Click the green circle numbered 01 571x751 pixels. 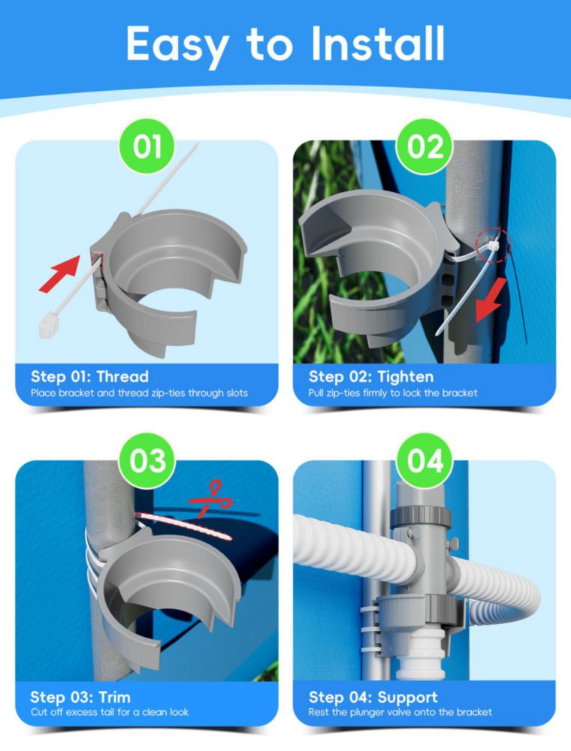(147, 146)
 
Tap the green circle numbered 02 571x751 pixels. (425, 146)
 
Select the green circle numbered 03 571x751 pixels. (147, 461)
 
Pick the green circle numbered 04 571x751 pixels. (425, 461)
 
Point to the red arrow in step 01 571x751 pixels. (59, 274)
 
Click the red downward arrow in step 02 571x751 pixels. (491, 300)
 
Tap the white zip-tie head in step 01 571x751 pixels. (48, 325)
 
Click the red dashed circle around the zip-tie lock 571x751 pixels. (494, 246)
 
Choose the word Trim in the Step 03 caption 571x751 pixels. (114, 697)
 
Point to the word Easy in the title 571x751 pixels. (177, 47)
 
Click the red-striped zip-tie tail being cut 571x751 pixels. (183, 526)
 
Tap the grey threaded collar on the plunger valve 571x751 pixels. (421, 517)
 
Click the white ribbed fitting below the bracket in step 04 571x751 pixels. (421, 649)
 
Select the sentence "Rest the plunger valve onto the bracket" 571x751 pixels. (400, 712)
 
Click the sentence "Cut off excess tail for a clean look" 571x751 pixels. (110, 712)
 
